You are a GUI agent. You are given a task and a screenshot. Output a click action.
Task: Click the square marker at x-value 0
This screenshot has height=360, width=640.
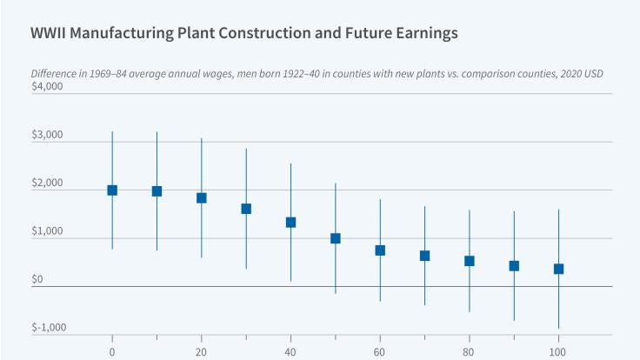[112, 190]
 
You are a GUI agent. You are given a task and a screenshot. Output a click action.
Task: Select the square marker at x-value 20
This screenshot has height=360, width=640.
[202, 198]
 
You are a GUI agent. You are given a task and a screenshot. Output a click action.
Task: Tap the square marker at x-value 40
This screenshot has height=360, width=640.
[290, 223]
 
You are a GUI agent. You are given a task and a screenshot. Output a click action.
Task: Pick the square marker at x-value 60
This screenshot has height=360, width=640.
[380, 250]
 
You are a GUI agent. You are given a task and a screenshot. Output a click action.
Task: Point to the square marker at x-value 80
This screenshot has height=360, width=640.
[470, 261]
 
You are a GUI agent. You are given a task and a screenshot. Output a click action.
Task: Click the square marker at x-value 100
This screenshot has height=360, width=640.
[558, 269]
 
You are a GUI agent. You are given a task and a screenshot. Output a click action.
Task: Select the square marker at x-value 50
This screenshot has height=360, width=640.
[336, 238]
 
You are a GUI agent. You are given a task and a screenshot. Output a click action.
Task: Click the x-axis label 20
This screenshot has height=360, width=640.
[202, 350]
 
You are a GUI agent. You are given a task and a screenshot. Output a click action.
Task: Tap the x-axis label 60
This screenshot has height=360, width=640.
[380, 350]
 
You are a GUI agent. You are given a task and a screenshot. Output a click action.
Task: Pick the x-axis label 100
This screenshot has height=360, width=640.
[558, 350]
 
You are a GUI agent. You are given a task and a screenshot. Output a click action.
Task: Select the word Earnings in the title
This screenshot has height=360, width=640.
[420, 35]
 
